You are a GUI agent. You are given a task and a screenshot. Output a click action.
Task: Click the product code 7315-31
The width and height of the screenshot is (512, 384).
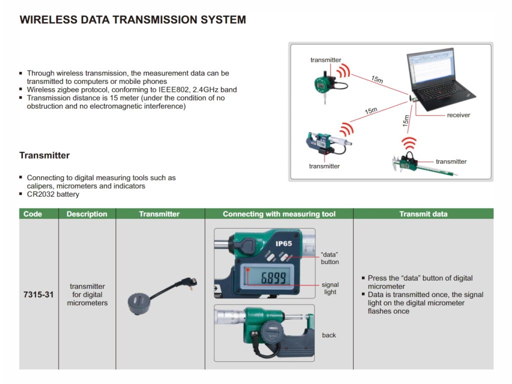[38, 294]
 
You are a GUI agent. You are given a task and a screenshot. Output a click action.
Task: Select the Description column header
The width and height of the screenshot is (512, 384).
[87, 214]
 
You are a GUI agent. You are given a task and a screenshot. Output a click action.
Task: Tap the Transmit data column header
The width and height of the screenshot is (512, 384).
[423, 214]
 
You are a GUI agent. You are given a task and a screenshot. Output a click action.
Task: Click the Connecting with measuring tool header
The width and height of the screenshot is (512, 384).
[279, 214]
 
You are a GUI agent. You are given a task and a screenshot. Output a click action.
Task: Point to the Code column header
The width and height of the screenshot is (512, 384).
[33, 214]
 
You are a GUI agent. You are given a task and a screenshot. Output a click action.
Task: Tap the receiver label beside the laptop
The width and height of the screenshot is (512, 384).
[458, 115]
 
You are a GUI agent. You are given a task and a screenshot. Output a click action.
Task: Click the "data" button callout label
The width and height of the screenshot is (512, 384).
[330, 258]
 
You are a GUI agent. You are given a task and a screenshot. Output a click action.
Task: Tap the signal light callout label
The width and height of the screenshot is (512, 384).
[330, 288]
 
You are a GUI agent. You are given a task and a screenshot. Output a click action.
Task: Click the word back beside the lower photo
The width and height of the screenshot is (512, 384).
[329, 335]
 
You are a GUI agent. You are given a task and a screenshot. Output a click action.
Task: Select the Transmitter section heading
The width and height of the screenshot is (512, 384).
[44, 155]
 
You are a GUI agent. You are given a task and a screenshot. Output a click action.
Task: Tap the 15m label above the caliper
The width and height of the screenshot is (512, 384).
[405, 120]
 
